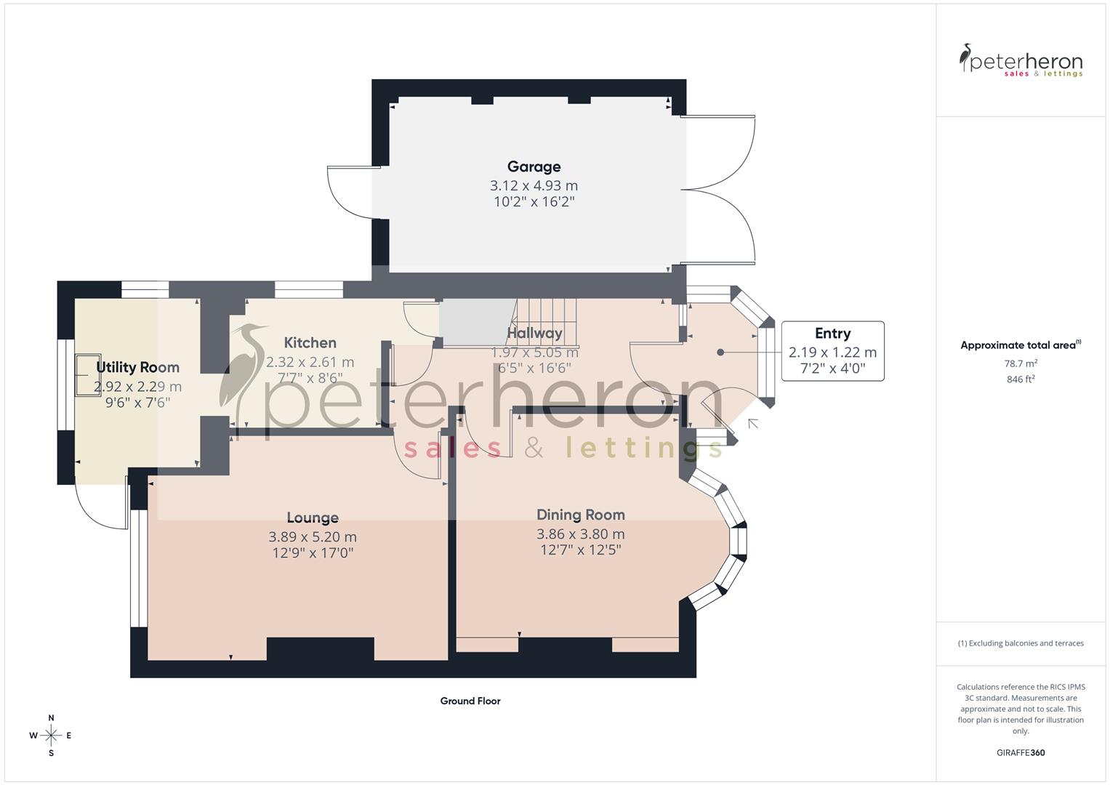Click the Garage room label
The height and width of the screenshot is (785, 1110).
click(x=534, y=166)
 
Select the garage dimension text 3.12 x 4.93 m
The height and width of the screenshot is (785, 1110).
click(x=534, y=185)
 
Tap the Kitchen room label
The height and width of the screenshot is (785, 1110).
click(x=310, y=342)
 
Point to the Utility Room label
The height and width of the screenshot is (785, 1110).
click(x=137, y=367)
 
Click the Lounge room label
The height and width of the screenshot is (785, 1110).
click(x=313, y=518)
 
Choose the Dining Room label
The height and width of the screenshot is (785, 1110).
click(x=580, y=515)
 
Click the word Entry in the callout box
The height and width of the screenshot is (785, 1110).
click(x=832, y=333)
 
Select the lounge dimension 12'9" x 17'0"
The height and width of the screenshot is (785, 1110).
click(x=313, y=553)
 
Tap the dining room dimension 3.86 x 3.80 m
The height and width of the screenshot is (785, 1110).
click(x=580, y=534)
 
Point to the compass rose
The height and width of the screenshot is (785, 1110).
click(x=51, y=736)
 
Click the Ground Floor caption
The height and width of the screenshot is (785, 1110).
click(x=470, y=701)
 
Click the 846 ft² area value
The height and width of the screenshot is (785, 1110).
click(x=1021, y=379)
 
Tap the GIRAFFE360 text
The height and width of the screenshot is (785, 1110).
click(x=1021, y=753)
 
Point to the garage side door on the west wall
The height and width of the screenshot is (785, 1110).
click(x=353, y=193)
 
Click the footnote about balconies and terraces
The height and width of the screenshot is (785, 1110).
click(x=1021, y=643)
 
